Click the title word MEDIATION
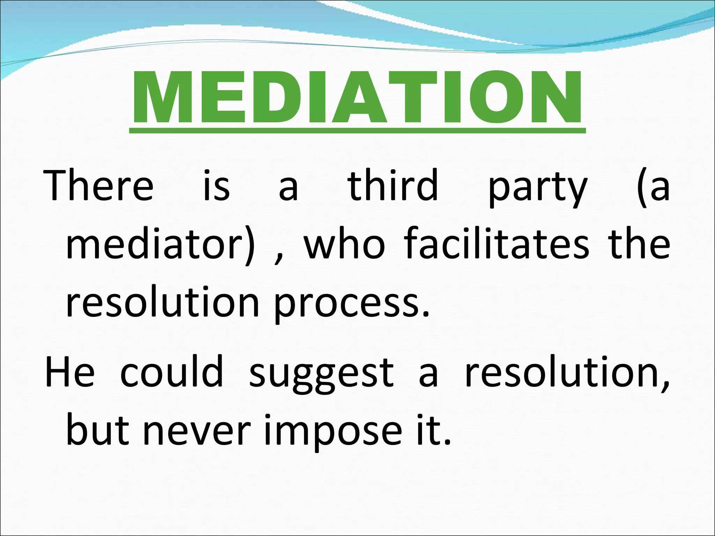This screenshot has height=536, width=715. [x=357, y=98]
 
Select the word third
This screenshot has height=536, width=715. [x=393, y=185]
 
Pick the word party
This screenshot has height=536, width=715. [x=538, y=188]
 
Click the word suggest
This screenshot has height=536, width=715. [x=322, y=375]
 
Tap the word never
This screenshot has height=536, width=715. [x=197, y=431]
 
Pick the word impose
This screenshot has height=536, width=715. [x=333, y=433]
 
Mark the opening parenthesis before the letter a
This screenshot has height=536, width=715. [x=641, y=187]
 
